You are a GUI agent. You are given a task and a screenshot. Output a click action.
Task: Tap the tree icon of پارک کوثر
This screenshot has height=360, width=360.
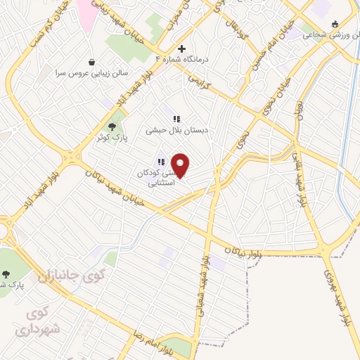[112, 126]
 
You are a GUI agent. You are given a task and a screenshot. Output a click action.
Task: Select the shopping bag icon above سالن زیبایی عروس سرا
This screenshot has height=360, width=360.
[92, 62]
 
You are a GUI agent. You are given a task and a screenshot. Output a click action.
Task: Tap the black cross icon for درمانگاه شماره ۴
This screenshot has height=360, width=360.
[181, 49]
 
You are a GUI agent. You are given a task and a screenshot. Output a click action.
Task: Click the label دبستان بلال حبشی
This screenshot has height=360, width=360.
[173, 129]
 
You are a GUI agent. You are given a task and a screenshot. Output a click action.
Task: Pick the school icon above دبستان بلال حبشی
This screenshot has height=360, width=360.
[176, 119]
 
